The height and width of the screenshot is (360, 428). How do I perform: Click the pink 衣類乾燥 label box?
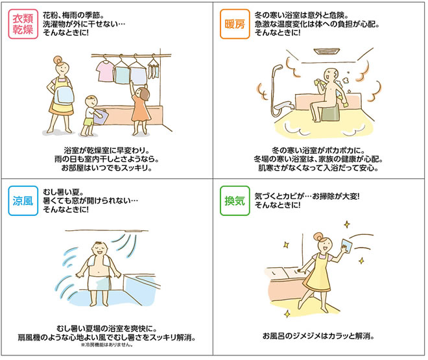[23, 24]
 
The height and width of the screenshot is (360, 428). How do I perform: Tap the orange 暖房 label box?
[235, 24]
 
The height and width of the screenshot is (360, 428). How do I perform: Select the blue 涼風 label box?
[23, 201]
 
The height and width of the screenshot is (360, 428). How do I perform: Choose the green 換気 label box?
[235, 201]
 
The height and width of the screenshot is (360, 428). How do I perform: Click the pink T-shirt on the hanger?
[105, 71]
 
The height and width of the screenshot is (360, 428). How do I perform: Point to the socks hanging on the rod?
[154, 71]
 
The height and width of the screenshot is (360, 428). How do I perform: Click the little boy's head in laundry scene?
[91, 102]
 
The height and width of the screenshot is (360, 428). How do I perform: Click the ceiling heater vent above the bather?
[326, 52]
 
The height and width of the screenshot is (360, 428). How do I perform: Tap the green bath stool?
[331, 113]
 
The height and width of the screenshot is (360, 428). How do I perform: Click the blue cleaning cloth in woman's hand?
[346, 246]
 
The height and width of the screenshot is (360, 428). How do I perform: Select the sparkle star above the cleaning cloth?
[347, 224]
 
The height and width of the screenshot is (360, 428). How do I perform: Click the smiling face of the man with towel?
[99, 250]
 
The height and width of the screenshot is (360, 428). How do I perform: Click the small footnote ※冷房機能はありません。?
[107, 345]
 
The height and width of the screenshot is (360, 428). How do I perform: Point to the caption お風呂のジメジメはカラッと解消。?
[318, 336]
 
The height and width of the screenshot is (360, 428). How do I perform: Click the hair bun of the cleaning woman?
[318, 236]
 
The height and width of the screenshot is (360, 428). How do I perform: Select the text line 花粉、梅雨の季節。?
[73, 15]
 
